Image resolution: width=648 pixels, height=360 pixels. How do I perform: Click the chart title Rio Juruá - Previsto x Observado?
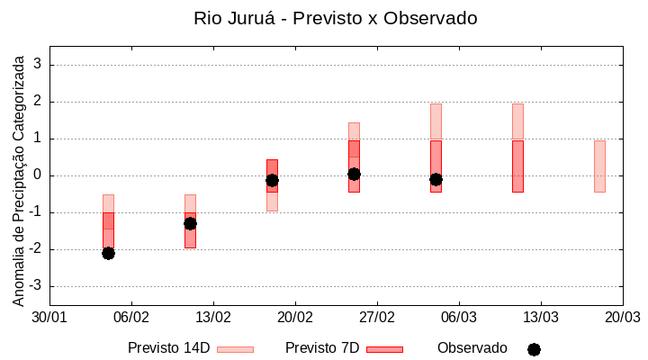pos(336,18)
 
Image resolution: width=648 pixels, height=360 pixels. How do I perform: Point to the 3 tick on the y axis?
pos(38,65)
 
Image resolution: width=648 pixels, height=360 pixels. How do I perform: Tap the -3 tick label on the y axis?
pos(35,286)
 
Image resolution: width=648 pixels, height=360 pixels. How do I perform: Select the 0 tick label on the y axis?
pos(38,175)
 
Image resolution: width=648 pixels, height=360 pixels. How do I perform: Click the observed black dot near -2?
pos(108,253)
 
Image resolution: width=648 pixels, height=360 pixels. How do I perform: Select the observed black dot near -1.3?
pos(190,223)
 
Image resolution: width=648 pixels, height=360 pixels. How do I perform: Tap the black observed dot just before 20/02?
pos(272,180)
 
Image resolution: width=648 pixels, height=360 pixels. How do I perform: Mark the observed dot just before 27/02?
pos(354,174)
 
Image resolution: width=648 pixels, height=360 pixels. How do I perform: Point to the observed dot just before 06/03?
pos(436,179)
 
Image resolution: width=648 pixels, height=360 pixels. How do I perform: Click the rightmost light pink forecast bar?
pos(599,166)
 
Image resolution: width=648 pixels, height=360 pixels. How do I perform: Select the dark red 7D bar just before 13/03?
pos(517,166)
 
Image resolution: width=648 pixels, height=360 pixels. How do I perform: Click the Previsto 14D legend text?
pos(168,348)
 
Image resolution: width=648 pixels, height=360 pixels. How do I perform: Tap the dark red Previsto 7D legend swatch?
pos(384,349)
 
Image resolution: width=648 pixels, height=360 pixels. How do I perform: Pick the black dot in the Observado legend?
pos(534,349)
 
